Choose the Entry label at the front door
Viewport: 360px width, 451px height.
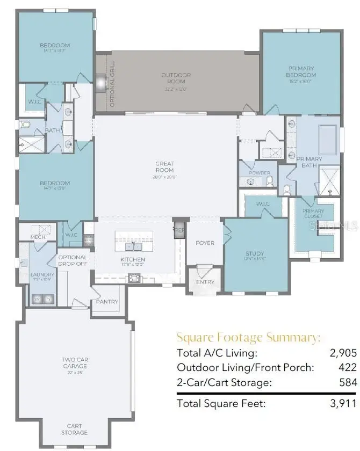(205, 282)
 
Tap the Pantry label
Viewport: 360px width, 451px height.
(107, 302)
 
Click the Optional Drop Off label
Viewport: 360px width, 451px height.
(73, 260)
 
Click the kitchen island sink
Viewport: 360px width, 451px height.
(133, 246)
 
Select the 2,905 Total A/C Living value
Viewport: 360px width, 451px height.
(343, 353)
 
